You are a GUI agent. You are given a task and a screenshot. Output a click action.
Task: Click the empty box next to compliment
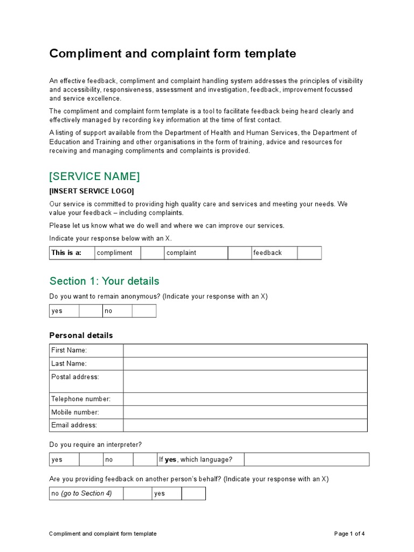152,253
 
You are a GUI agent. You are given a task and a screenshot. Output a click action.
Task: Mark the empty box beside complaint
239,253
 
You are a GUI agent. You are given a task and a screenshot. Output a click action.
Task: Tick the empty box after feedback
309,253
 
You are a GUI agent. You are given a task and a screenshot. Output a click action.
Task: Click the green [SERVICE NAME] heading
94,176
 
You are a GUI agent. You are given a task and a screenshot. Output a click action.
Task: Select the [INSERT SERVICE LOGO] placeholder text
92,191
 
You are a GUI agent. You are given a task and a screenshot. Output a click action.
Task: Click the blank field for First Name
245,350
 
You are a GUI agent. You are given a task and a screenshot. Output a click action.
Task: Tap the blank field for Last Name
245,364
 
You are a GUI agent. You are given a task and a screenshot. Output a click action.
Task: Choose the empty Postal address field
245,381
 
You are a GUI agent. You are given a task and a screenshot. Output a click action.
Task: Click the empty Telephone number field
245,399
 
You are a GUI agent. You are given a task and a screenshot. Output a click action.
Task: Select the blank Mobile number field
245,412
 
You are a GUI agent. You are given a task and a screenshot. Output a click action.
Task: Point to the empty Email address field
245,425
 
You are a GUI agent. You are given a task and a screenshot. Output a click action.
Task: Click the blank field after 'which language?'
306,459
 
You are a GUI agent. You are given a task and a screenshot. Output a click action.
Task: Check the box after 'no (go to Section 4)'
137,493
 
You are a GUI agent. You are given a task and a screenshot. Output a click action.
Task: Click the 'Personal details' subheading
81,335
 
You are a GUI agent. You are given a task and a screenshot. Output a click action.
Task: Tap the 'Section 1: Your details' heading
104,281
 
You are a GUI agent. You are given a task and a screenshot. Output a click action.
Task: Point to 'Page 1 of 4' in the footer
349,534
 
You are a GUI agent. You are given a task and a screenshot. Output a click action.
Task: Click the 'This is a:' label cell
66,253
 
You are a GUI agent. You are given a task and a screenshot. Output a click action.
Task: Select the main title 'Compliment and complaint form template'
172,54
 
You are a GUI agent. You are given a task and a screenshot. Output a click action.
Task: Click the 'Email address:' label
74,425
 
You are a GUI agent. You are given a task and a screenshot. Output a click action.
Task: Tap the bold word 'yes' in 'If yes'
170,459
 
